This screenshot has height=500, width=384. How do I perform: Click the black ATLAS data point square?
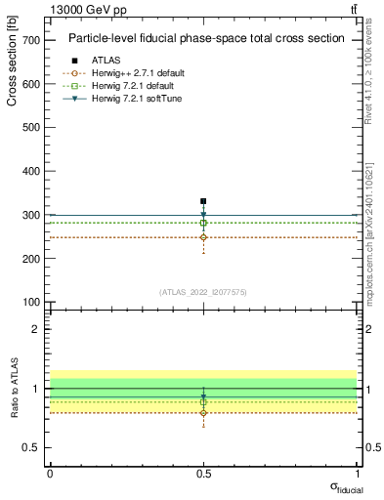click(x=203, y=201)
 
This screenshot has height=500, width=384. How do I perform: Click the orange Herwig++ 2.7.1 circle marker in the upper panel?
click(x=203, y=237)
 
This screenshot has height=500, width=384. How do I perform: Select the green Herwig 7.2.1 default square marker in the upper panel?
click(x=203, y=223)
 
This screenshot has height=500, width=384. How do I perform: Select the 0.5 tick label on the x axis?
click(x=203, y=473)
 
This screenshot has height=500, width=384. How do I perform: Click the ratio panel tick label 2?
click(x=35, y=329)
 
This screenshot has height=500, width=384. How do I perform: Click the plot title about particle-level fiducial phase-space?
click(x=205, y=39)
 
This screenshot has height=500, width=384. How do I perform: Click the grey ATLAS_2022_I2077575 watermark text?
click(x=203, y=292)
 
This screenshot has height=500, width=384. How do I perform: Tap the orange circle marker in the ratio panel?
click(x=203, y=413)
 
